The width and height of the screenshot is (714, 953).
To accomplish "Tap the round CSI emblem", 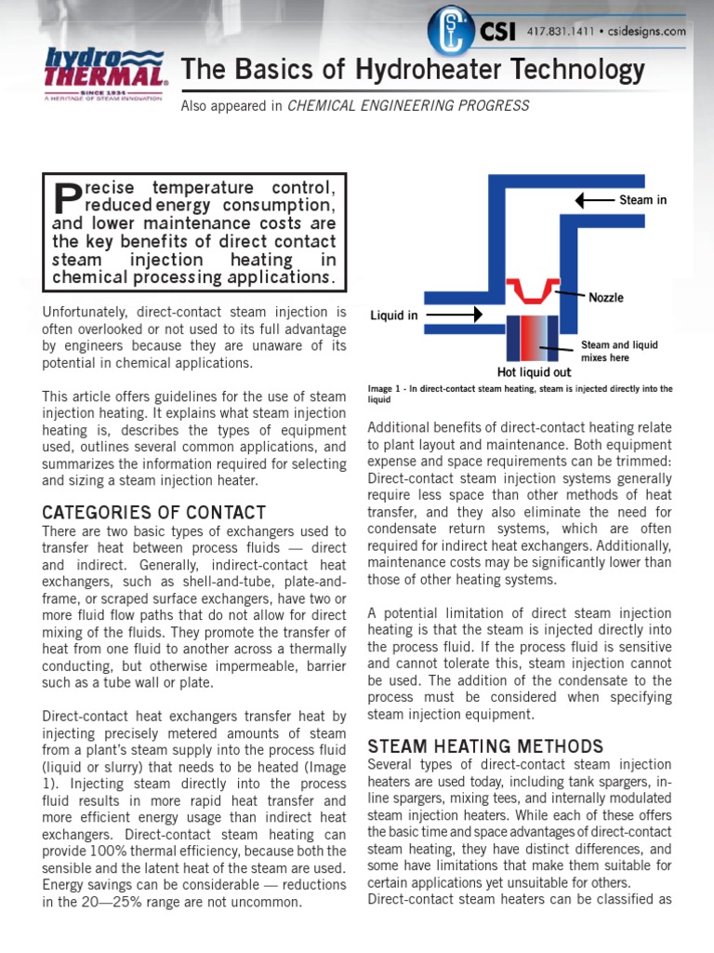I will tap(450, 31).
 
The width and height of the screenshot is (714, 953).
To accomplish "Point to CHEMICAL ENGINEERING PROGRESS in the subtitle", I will tap(408, 106).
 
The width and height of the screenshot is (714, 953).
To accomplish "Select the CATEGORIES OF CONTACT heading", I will tap(153, 513).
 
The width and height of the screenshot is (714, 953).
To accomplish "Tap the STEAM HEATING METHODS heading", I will tap(485, 745).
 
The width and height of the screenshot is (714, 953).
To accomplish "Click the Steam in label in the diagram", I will tap(642, 200).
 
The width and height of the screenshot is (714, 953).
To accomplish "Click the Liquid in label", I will tap(394, 315).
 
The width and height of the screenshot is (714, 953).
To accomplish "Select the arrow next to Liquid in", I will tap(452, 315).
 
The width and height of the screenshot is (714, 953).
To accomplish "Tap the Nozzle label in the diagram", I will tap(605, 298).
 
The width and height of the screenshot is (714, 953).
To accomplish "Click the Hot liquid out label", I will tap(535, 372).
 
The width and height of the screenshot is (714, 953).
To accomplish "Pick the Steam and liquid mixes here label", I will tap(619, 351).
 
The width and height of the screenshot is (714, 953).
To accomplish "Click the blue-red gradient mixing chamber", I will tap(531, 338).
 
